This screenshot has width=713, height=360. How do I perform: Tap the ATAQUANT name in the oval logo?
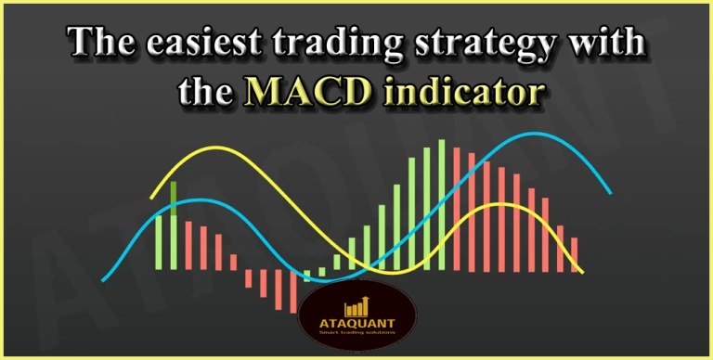[356, 324]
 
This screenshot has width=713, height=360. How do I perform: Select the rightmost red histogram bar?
[574, 253]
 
